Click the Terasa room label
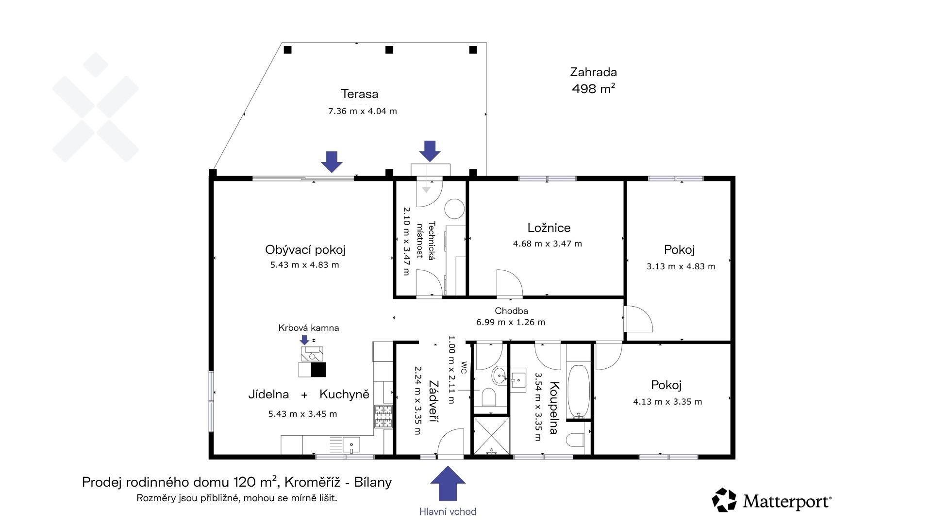359,94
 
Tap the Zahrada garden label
593,72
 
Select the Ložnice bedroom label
549,228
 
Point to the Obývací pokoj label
305,250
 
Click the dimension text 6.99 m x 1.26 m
511,322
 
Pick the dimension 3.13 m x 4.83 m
681,266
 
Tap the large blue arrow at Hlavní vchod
448,483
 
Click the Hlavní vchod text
448,511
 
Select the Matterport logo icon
724,500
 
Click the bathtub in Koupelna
579,392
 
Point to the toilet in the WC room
488,397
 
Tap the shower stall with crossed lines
491,436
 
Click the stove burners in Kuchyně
383,416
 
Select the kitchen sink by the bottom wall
351,444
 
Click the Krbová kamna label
309,328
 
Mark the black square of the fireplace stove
318,370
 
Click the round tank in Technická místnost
455,209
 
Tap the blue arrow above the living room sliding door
332,162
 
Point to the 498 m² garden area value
594,88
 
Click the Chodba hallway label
511,311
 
